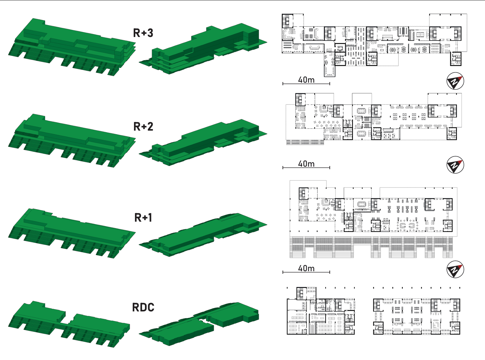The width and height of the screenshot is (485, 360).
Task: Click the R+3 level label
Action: [143, 33]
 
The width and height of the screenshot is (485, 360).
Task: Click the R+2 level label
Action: [143, 127]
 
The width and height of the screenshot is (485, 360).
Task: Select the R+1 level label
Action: [143, 218]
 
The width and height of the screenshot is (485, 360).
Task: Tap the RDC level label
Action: [143, 308]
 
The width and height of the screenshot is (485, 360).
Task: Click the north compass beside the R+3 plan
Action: [455, 81]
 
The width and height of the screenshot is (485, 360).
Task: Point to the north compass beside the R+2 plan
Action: [455, 165]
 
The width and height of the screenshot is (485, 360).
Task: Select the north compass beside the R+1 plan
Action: [455, 270]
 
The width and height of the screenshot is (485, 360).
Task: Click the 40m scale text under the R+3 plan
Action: [306, 80]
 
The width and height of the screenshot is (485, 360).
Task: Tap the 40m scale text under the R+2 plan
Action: [306, 164]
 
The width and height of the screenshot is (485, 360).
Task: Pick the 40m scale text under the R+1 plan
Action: [306, 268]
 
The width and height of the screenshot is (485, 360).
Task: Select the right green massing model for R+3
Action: [206, 48]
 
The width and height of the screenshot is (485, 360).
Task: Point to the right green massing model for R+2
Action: [206, 142]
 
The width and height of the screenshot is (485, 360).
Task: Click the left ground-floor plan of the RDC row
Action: [321, 311]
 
